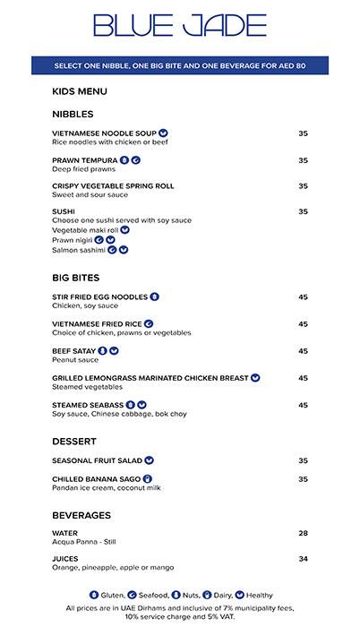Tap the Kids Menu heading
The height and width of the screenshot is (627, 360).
[81, 91]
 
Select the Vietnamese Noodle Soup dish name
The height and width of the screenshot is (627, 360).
[105, 133]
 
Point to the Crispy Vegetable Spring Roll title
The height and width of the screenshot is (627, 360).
[113, 186]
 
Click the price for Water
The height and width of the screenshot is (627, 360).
[303, 534]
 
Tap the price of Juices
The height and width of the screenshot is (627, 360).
[303, 559]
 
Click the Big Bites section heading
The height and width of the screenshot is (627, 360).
[76, 279]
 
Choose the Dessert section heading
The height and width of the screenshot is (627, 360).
[75, 442]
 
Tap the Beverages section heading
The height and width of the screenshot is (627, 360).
[81, 516]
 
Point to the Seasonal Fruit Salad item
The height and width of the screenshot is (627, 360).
[97, 460]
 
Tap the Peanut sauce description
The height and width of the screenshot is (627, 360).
[76, 360]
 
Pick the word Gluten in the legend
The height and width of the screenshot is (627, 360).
[113, 595]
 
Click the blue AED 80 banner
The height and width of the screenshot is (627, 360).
[180, 66]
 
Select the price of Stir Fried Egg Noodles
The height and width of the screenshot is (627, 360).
[303, 297]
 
